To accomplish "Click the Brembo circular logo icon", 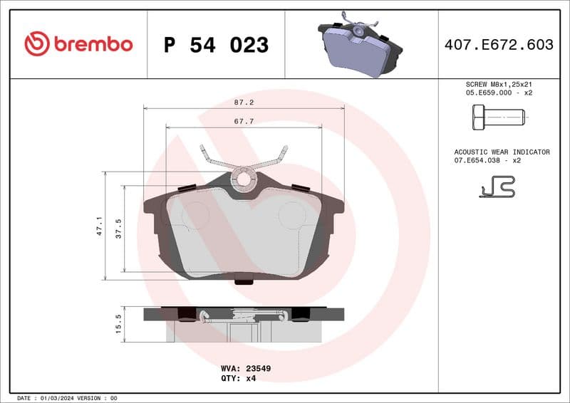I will (37, 44).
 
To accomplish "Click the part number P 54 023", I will (216, 45).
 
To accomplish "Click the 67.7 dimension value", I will (244, 122).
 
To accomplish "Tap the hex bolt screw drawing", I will (497, 115).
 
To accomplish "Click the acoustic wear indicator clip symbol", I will (497, 187).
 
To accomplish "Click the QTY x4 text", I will (242, 379).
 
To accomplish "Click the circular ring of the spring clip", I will (244, 179).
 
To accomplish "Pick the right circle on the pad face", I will (291, 214).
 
